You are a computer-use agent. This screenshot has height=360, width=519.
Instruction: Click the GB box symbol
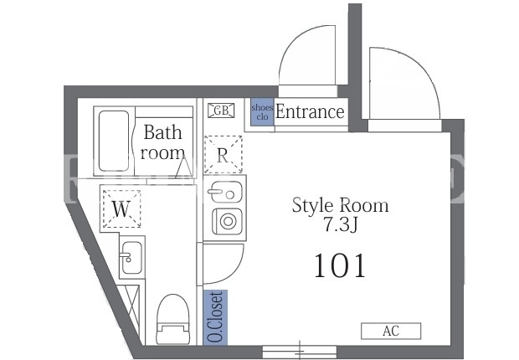pos(221,111)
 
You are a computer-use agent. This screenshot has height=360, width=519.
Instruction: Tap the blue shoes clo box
pos(262,112)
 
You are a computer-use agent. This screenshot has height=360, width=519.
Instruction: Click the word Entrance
pos(310,112)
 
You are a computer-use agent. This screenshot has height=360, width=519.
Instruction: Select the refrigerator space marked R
pos(224,154)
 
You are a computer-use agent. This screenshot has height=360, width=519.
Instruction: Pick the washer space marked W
pos(121,208)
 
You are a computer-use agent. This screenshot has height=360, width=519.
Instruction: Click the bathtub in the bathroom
pos(114,141)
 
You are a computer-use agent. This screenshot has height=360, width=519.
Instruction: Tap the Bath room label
pos(162,142)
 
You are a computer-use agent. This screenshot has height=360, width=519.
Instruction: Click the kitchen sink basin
pos(224,192)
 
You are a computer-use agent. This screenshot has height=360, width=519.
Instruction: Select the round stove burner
pos(228,221)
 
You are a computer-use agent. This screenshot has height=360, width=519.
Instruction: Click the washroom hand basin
pos(131,257)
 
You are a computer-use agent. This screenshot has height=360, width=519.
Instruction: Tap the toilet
pos(172,319)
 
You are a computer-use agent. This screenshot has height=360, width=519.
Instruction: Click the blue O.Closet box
pos(215,317)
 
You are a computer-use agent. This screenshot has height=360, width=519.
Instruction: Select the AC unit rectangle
pos(391,331)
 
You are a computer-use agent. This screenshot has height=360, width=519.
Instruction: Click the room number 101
pos(340,265)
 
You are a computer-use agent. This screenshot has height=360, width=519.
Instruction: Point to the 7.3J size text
pos(341,225)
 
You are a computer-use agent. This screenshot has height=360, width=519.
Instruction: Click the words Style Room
pos(340,206)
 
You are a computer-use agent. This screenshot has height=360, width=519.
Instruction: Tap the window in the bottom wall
pos(300,351)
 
